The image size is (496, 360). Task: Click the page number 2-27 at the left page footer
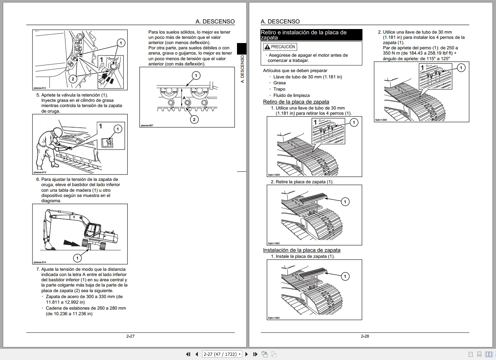(130, 336)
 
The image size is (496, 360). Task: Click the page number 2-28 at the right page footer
(365, 336)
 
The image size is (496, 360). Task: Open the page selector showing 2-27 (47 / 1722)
(222, 354)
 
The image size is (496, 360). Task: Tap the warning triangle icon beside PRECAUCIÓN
(267, 47)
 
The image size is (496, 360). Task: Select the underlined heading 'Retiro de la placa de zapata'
(296, 102)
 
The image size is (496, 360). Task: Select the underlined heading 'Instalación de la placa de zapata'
(302, 250)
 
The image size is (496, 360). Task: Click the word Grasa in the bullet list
(279, 83)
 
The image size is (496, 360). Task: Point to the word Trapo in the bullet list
(279, 89)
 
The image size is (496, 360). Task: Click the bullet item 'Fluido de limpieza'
(291, 96)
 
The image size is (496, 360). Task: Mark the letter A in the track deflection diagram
(184, 98)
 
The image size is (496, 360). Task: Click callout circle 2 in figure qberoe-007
(194, 119)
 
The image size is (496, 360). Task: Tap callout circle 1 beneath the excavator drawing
(77, 258)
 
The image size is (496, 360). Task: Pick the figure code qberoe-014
(39, 262)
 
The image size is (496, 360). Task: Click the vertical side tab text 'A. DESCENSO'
(242, 69)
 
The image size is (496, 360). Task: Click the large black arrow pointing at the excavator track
(72, 242)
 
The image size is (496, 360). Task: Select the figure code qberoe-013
(39, 172)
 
